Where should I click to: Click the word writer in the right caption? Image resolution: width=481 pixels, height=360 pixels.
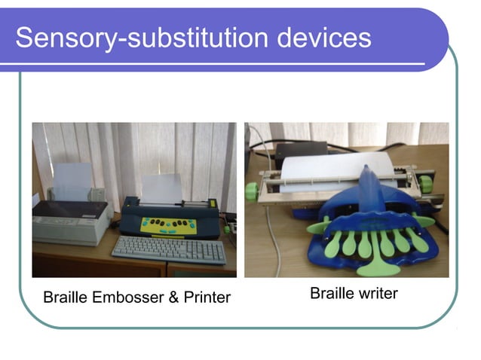(x=375, y=294)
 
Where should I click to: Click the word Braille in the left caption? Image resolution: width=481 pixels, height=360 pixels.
(x=66, y=297)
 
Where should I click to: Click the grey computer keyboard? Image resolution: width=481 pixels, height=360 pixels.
(x=169, y=249)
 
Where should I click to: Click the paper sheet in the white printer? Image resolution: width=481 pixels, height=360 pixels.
(x=73, y=181)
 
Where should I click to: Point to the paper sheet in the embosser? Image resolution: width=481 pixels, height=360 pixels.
(x=162, y=188)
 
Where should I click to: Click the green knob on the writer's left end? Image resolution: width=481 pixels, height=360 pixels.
(x=252, y=191)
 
